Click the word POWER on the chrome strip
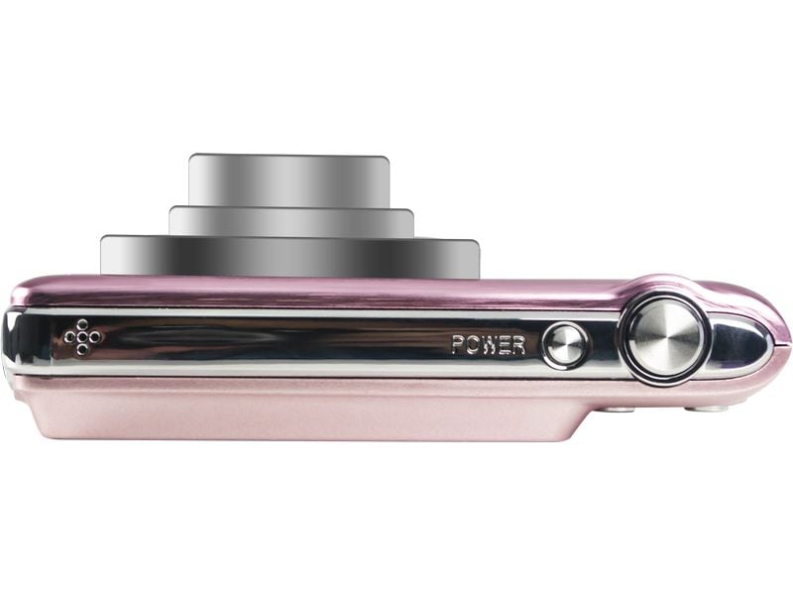488,345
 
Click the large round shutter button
664,336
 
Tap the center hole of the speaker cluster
82,338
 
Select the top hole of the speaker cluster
82,326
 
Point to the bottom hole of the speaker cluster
82,350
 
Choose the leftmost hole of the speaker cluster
69,338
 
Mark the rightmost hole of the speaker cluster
95,338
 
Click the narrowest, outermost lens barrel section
287,179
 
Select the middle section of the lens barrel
290,221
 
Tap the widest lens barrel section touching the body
289,256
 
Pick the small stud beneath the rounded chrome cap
712,407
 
